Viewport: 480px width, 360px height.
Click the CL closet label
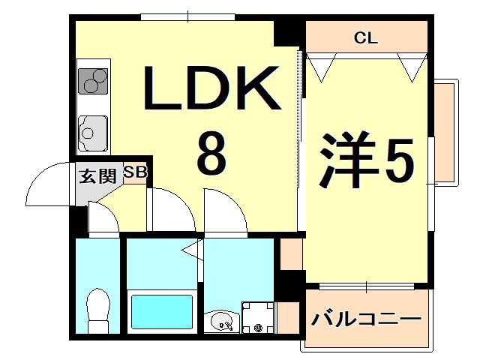coord(366,37)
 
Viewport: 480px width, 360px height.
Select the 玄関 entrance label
coord(97,177)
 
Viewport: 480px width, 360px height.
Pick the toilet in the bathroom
coord(98,310)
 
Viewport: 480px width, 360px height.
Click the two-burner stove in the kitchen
coord(93,81)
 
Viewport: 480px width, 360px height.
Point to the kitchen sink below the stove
coord(92,133)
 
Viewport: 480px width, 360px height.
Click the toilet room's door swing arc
coord(103,219)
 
